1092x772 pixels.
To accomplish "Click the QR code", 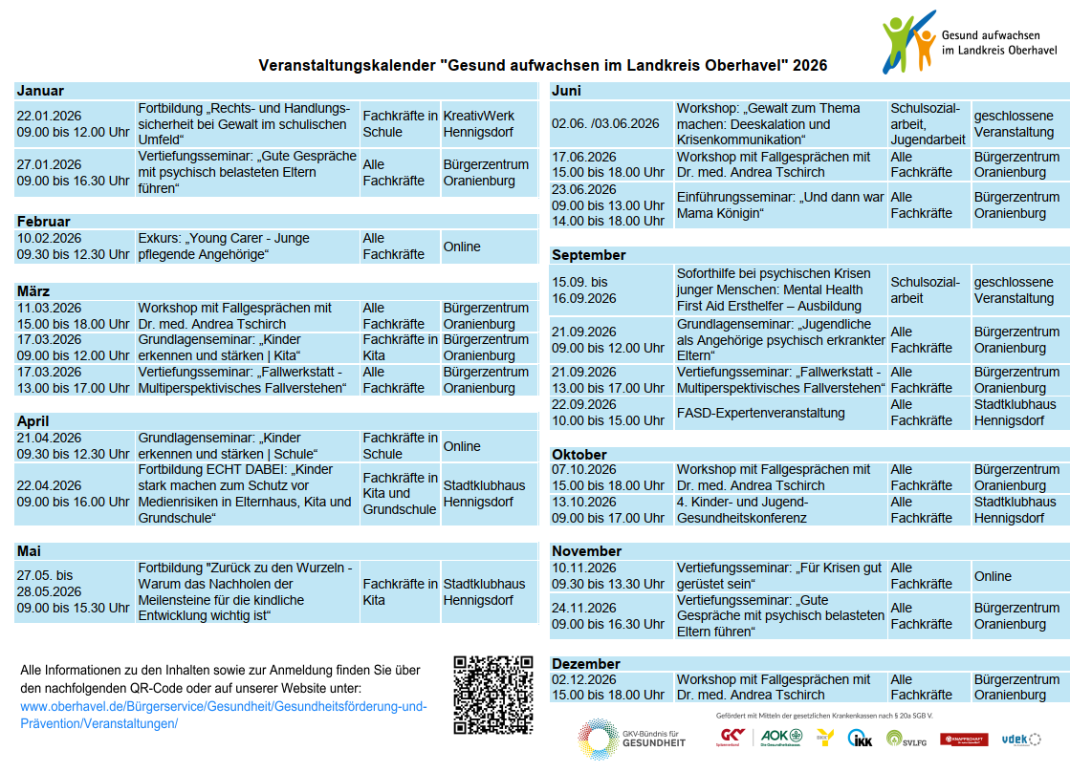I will [x=492, y=694].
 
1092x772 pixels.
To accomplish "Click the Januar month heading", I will [x=41, y=91].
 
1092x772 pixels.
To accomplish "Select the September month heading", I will [x=589, y=255].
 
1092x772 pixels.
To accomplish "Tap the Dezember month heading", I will [x=586, y=664].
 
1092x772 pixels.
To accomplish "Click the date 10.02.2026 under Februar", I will [x=50, y=238].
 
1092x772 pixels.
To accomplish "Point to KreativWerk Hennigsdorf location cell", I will [x=479, y=124].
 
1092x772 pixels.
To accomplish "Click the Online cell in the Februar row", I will [x=462, y=247].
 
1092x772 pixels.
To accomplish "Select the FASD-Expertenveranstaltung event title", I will [x=760, y=413].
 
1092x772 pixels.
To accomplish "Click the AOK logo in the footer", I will [x=781, y=737].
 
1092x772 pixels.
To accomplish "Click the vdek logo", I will [x=1020, y=739].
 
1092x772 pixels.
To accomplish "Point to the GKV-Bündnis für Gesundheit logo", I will [x=631, y=739].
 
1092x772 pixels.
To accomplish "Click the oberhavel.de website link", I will [x=223, y=715].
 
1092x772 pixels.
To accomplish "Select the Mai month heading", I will [x=29, y=551].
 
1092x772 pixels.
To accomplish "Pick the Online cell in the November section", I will [x=993, y=576].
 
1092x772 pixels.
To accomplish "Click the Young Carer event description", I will [x=224, y=247].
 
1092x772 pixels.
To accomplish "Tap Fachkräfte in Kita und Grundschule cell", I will [x=400, y=493].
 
